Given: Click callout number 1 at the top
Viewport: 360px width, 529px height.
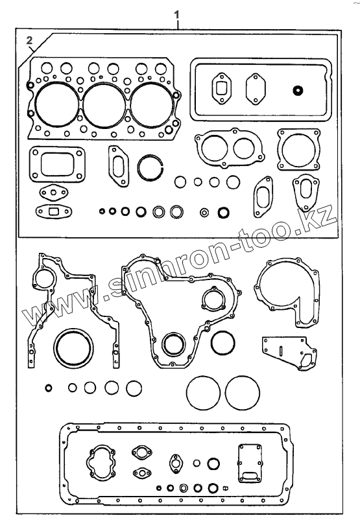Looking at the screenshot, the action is tap(176, 15).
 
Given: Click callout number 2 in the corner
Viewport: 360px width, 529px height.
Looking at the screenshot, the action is tap(29, 40).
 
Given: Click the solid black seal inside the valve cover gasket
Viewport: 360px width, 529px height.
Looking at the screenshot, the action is tap(298, 90).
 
